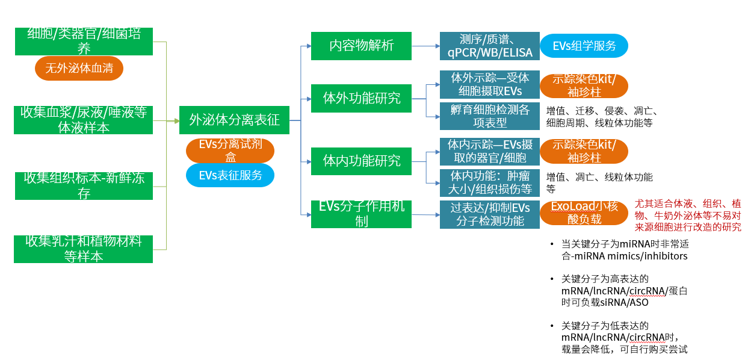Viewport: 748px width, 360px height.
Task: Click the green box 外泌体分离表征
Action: (x=234, y=120)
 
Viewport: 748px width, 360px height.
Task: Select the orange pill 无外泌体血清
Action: (x=79, y=69)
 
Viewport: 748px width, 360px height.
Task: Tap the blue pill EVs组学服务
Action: (x=583, y=46)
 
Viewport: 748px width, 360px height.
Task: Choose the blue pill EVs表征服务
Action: (x=230, y=175)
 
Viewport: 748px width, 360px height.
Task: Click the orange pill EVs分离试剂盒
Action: (x=230, y=151)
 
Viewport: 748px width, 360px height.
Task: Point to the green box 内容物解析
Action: (x=361, y=46)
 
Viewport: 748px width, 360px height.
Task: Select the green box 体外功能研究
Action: (x=361, y=98)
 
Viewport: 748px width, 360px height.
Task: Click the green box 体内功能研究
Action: (x=361, y=161)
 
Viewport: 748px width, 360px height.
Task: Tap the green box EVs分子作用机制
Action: (x=361, y=214)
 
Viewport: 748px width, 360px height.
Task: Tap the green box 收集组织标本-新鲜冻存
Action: (x=84, y=185)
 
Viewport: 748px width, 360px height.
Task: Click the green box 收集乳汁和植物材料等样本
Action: (x=84, y=249)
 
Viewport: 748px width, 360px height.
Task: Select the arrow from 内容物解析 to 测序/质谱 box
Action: (x=425, y=46)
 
